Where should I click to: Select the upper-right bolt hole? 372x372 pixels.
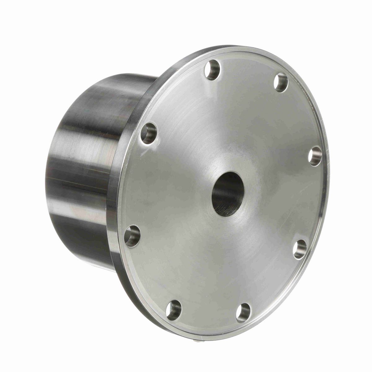[x=281, y=82]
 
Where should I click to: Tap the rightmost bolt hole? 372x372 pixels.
[x=315, y=156]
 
